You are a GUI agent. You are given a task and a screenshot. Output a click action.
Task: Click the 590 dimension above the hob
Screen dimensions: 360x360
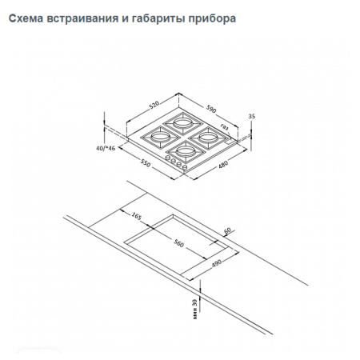(213, 108)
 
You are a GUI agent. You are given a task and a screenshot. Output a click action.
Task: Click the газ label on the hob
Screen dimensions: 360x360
(225, 127)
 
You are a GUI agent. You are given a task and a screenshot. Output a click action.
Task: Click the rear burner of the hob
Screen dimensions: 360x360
(177, 124)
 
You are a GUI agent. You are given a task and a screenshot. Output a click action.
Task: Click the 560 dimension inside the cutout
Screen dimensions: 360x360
(179, 244)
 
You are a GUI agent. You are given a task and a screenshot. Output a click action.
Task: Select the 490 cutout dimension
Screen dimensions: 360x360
(216, 264)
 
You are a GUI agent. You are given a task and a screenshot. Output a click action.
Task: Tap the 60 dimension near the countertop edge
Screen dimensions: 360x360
(228, 231)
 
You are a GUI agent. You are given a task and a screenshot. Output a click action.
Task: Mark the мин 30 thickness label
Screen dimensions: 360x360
(196, 307)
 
